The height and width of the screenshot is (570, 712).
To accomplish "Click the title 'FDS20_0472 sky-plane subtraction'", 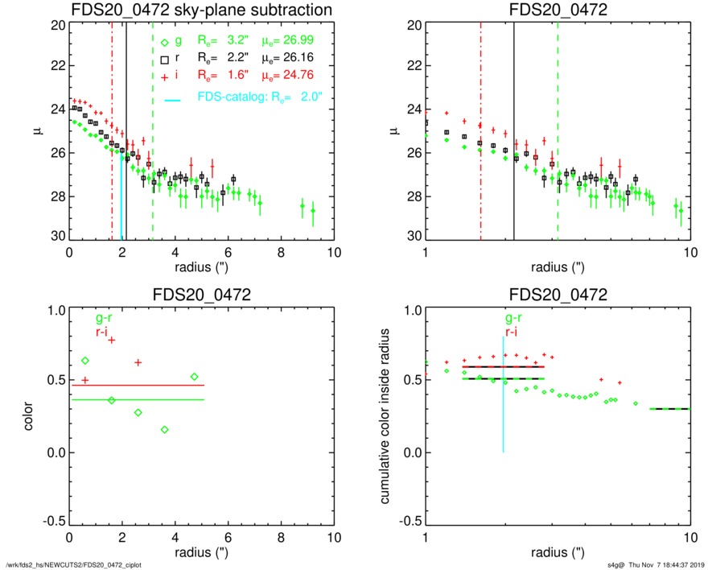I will click(201, 10).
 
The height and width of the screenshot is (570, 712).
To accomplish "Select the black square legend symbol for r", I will click(164, 60).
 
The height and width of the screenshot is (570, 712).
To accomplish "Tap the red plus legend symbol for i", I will click(164, 75).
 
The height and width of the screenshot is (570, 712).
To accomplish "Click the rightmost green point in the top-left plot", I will click(313, 211).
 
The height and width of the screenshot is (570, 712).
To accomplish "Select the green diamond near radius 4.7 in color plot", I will click(194, 377).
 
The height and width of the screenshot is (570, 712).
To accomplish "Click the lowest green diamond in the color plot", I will click(164, 429).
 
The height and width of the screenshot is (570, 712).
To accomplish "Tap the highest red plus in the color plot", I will click(112, 340).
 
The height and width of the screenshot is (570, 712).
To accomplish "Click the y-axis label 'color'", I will click(28, 415).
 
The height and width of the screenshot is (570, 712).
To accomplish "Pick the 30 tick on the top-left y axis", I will click(56, 237).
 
